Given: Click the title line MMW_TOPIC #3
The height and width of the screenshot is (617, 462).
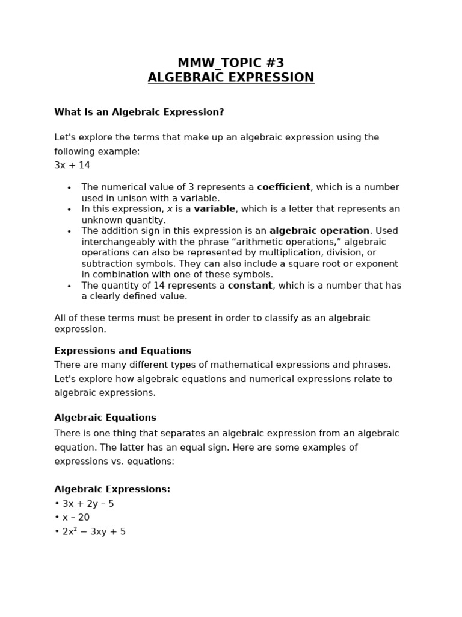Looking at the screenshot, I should pyautogui.click(x=230, y=63).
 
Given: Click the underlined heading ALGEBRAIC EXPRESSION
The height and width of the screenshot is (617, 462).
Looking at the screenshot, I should pyautogui.click(x=230, y=78).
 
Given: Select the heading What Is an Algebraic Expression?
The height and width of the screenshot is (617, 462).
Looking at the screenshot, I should pyautogui.click(x=139, y=113).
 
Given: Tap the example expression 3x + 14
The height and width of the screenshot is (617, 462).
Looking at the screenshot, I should pyautogui.click(x=72, y=165).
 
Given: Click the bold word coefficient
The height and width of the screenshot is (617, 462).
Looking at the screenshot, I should pyautogui.click(x=283, y=187).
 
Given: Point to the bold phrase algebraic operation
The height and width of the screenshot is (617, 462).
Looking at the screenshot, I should pyautogui.click(x=319, y=231).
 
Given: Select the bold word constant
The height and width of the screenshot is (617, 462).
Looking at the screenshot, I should pyautogui.click(x=250, y=286).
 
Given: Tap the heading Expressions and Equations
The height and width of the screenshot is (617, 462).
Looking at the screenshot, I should pyautogui.click(x=123, y=351).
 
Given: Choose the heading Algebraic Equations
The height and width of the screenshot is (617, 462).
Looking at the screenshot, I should pyautogui.click(x=105, y=418).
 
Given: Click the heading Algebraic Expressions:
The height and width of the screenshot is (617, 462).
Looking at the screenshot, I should pyautogui.click(x=112, y=489).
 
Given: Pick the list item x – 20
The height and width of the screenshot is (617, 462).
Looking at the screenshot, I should pyautogui.click(x=76, y=518).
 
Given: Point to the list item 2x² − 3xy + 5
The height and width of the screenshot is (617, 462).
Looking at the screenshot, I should pyautogui.click(x=94, y=532).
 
